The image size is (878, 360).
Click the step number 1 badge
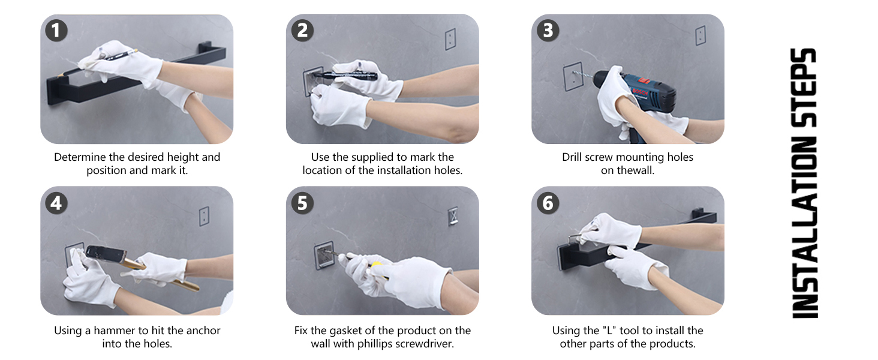click(56, 31)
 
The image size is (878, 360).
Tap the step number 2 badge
click(302, 31)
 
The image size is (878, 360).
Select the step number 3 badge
click(548, 31)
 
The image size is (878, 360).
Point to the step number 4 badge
click(56, 203)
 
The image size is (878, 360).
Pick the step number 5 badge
click(302, 203)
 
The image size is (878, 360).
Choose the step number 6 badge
click(548, 203)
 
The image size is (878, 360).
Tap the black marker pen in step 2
click(345, 75)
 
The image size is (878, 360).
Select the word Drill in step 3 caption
click(572, 157)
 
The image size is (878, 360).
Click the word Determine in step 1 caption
click(80, 157)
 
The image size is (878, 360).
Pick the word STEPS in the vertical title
click(804, 88)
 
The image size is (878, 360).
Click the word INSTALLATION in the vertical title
click(804, 227)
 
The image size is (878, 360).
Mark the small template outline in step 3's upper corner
click(700, 35)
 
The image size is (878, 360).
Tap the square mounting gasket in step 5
click(324, 255)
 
